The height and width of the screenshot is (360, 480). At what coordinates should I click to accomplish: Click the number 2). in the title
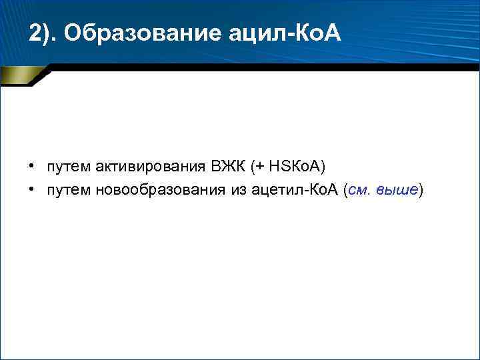click(43, 33)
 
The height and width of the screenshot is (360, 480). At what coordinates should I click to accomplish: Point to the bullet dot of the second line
click(31, 191)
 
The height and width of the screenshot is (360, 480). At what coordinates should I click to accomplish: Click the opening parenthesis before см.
click(345, 191)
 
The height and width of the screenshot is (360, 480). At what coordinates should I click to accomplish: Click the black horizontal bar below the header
click(267, 67)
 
